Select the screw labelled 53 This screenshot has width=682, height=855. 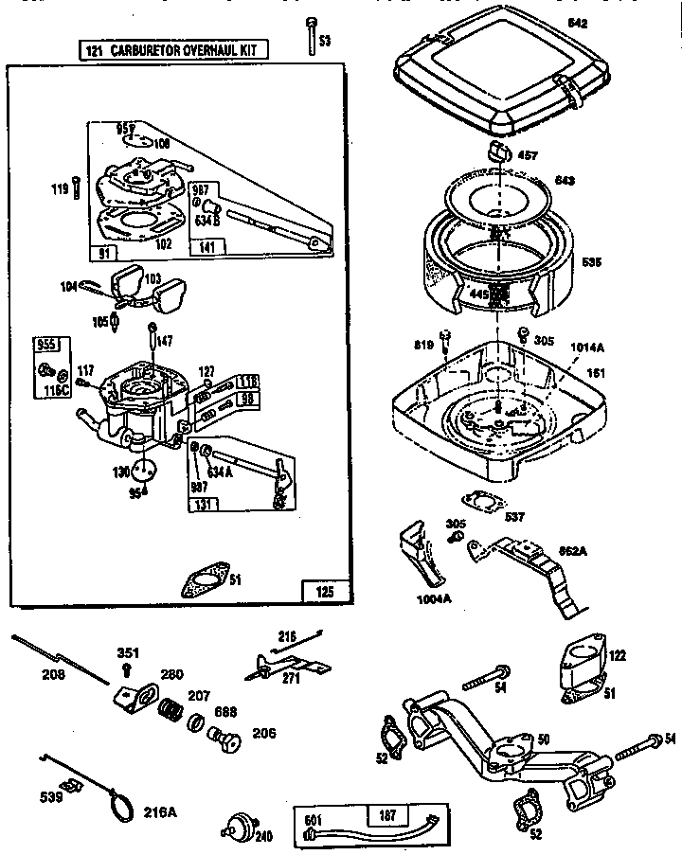pyautogui.click(x=311, y=35)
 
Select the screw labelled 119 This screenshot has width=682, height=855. pyautogui.click(x=73, y=189)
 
